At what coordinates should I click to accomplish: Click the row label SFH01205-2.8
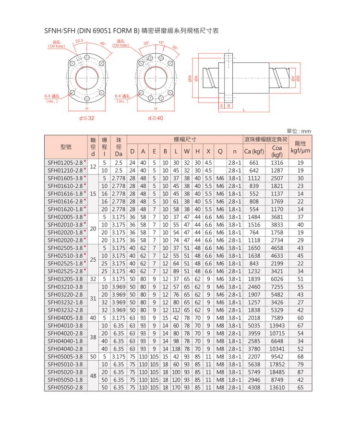(65, 162)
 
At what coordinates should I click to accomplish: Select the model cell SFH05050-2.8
(65, 387)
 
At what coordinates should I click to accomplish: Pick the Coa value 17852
(277, 364)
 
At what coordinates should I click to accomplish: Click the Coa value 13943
(277, 325)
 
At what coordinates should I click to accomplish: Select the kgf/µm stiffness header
(300, 151)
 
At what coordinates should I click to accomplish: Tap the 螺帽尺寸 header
(185, 139)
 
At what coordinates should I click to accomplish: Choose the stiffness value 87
(300, 372)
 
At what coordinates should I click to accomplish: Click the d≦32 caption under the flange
(87, 118)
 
